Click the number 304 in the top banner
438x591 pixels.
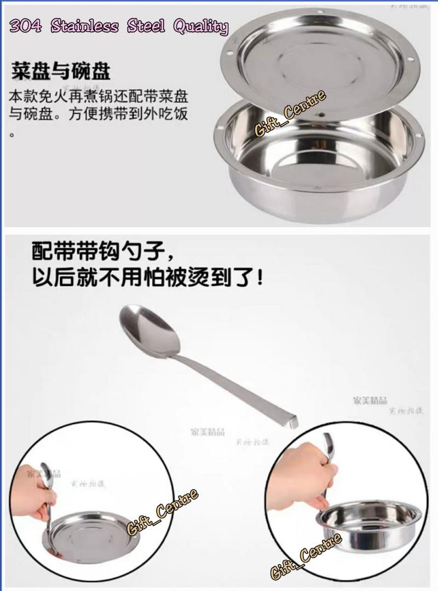coord(26,25)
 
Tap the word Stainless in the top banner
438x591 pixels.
coord(84,25)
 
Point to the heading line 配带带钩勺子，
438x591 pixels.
coord(103,253)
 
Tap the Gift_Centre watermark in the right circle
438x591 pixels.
coord(307,555)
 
